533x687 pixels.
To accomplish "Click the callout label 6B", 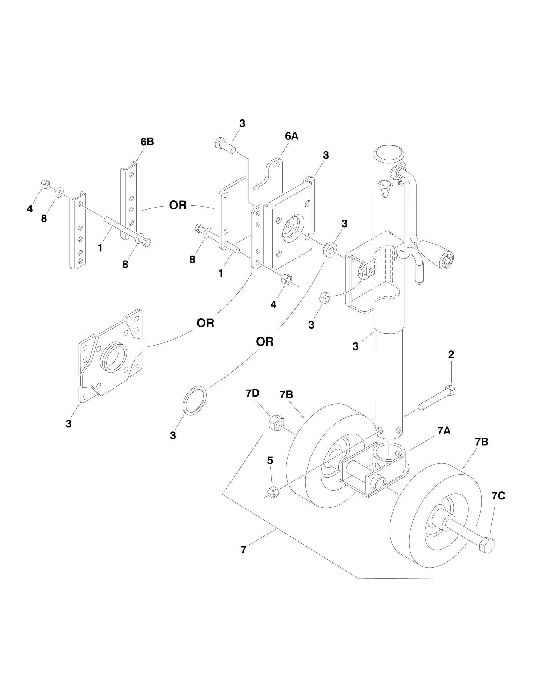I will coord(147,142).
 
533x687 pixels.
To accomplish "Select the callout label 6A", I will coord(292,136).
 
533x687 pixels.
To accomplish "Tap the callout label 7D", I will coord(253,393).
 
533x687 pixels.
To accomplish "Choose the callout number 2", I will coord(451,354).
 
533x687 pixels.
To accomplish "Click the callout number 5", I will coord(270,461).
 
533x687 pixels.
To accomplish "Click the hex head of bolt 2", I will coord(451,391).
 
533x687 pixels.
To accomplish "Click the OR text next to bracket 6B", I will coord(178,205).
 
